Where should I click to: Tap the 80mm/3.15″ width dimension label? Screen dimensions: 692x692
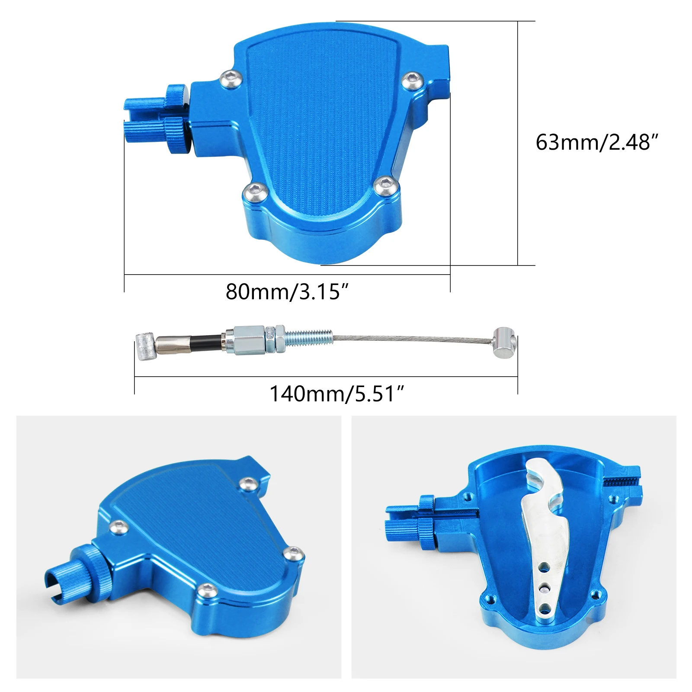coord(287,292)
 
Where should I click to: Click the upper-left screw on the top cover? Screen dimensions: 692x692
coord(228,79)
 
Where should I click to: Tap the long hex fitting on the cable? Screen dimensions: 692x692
coord(249,340)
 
